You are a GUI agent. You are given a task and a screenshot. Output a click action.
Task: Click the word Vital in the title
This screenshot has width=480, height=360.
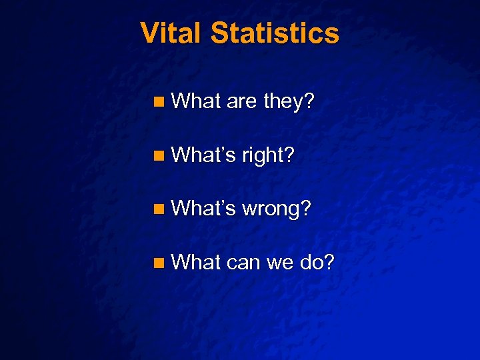point(171,33)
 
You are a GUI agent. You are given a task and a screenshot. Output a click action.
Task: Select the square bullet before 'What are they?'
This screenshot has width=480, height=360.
point(157,103)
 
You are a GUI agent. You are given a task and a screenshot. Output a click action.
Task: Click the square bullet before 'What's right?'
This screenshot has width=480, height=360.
point(157,156)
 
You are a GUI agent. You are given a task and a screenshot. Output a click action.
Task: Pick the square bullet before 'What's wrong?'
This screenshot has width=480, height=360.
point(157,209)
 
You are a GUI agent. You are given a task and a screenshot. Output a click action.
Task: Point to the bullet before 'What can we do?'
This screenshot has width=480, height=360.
point(157,263)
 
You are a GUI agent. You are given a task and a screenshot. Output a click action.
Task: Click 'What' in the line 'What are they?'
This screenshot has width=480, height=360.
point(196,102)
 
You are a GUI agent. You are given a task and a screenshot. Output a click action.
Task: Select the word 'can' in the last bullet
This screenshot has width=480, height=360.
point(244,263)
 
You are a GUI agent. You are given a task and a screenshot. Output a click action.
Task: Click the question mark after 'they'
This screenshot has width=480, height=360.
point(309,102)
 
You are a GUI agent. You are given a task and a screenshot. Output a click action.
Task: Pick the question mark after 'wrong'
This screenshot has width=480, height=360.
point(305,209)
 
